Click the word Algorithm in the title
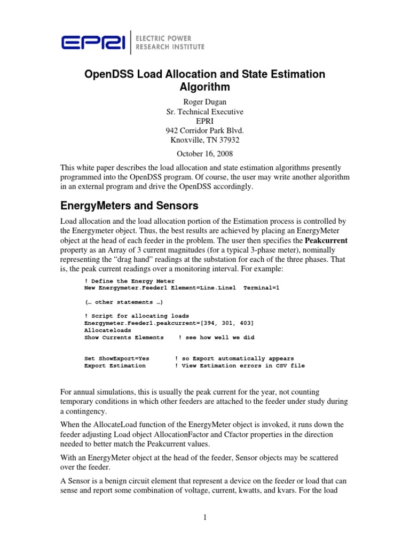tap(204, 88)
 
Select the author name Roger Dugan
tap(204, 102)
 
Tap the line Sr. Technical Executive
tap(204, 112)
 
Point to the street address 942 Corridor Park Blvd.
tap(204, 131)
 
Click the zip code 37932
tap(227, 140)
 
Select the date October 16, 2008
tap(204, 154)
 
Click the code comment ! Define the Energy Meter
tap(130, 281)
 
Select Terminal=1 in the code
tap(262, 288)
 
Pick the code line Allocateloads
tap(107, 330)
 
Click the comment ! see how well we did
tap(216, 338)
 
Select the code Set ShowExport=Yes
tap(117, 358)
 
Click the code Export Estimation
tap(115, 366)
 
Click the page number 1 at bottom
tap(206, 517)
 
